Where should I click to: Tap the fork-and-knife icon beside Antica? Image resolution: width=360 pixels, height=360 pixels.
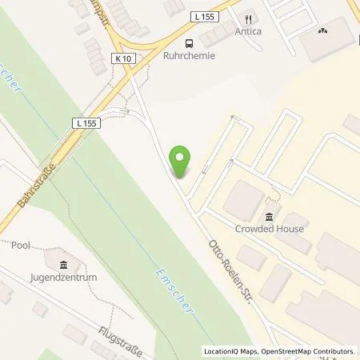tap(250, 18)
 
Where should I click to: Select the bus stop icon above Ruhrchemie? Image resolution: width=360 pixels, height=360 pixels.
tap(189, 43)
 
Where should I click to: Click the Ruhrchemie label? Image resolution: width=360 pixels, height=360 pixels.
tap(189, 57)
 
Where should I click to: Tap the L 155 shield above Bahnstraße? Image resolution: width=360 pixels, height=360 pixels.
tap(87, 122)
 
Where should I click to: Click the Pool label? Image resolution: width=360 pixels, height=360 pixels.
tap(21, 246)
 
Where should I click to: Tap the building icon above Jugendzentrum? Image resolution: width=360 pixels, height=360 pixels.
tap(63, 264)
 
